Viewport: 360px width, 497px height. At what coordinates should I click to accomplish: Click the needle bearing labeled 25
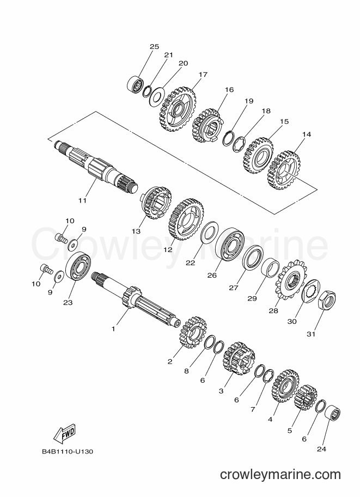[x=135, y=84]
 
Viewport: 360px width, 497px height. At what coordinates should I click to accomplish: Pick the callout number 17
[x=203, y=75]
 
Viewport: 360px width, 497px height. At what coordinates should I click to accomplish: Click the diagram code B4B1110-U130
[x=67, y=451]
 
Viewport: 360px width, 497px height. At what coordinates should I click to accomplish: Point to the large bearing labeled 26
[x=230, y=248]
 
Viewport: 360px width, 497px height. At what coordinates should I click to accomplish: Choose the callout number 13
[x=136, y=231]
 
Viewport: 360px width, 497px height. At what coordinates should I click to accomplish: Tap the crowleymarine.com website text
[x=280, y=475]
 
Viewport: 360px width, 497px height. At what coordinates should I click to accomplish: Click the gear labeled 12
[x=186, y=219]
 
